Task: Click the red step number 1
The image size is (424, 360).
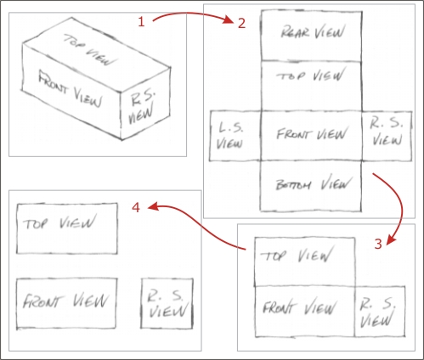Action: (x=141, y=22)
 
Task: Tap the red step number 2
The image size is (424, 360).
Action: (x=241, y=23)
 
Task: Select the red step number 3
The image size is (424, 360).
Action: (x=378, y=244)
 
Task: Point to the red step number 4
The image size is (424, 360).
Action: (x=136, y=208)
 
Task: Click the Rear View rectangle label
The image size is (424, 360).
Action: (x=313, y=32)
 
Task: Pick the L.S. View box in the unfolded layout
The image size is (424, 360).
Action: (x=235, y=136)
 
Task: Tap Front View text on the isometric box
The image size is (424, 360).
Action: (x=71, y=90)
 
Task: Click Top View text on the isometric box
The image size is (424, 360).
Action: (x=91, y=50)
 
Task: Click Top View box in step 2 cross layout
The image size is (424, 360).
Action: (x=311, y=86)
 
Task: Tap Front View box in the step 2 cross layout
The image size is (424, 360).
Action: (x=311, y=136)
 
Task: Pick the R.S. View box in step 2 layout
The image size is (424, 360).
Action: (x=387, y=136)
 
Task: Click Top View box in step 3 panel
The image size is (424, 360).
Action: (x=305, y=262)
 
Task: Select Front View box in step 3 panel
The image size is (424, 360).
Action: (x=305, y=312)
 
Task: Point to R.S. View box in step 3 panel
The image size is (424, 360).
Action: (x=380, y=312)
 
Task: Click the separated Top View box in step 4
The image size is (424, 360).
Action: (x=67, y=228)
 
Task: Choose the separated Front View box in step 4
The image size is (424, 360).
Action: (x=66, y=304)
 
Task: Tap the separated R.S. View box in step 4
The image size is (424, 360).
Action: (x=167, y=304)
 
